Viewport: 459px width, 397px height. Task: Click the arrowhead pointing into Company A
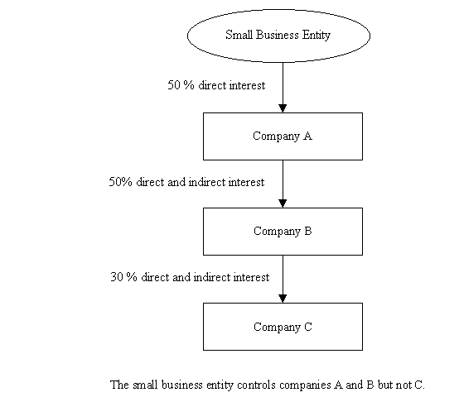click(x=283, y=108)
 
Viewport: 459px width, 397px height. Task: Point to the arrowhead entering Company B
click(x=283, y=203)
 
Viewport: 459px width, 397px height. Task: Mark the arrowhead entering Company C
click(x=283, y=299)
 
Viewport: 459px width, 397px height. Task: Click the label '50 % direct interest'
click(x=216, y=85)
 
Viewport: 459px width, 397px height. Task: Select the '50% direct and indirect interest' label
click(x=186, y=182)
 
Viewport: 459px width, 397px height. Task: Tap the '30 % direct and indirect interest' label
click(x=190, y=277)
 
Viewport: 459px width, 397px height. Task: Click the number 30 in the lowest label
click(x=117, y=277)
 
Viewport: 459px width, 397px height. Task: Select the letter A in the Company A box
click(x=307, y=136)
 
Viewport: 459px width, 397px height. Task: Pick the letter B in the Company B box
click(x=308, y=231)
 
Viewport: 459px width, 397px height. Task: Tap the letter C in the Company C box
click(x=308, y=327)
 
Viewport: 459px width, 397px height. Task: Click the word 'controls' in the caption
click(x=256, y=385)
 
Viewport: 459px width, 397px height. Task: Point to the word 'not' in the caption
click(x=404, y=385)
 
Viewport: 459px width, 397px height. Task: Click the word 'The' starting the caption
click(x=119, y=385)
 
